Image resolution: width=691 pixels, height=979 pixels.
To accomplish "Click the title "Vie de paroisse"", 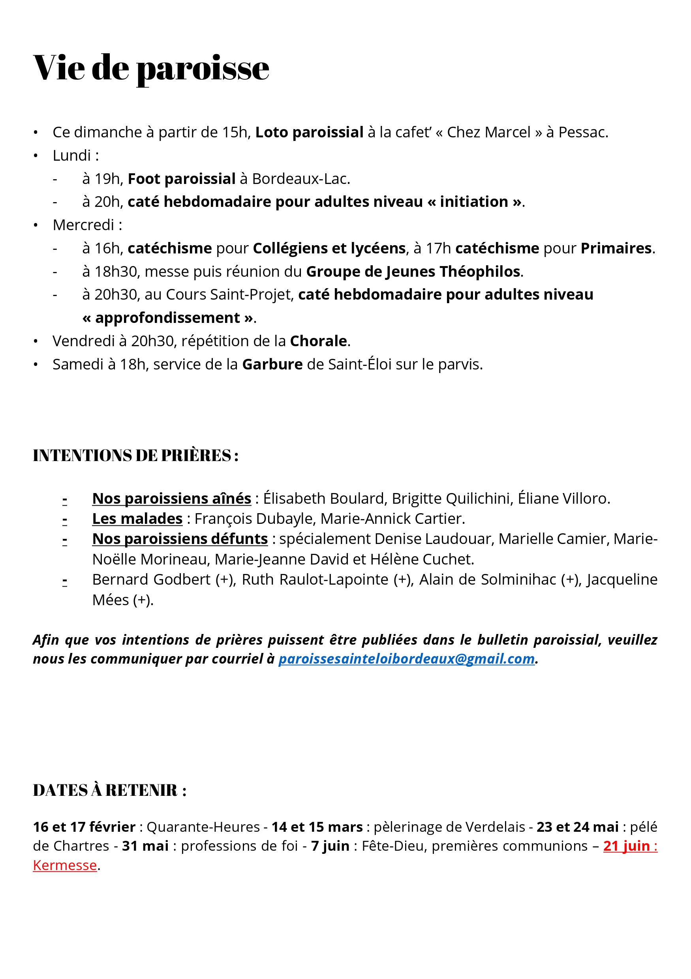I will [151, 68].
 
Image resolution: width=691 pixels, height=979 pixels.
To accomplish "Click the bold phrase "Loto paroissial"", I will [309, 133].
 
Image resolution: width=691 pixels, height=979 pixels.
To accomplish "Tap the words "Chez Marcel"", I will [488, 133].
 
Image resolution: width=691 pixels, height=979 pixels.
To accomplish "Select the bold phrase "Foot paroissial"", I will [182, 179].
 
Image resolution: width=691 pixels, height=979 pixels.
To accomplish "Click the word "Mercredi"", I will [84, 225].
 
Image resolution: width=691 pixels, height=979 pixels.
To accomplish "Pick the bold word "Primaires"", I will [616, 248].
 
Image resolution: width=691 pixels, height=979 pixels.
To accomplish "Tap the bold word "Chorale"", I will [319, 341].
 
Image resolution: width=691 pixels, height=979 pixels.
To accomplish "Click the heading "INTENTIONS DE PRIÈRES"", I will [132, 456].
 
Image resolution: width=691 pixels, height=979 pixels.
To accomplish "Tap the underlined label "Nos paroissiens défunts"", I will [180, 539].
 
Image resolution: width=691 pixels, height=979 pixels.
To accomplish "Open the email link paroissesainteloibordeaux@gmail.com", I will [406, 659].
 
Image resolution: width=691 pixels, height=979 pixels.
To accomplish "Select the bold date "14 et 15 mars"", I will [317, 827].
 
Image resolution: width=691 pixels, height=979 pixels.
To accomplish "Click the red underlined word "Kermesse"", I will [65, 866].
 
